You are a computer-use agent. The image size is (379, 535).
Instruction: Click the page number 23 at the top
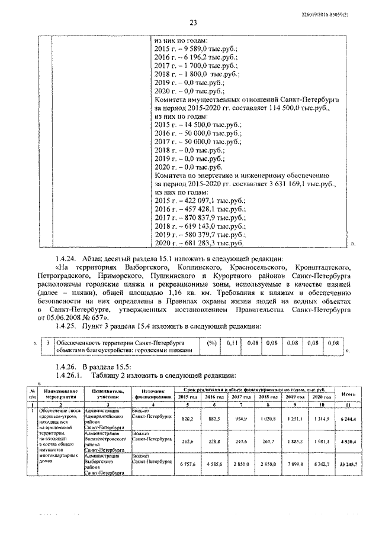[x=192, y=23]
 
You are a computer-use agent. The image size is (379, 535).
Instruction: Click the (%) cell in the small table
[x=211, y=342]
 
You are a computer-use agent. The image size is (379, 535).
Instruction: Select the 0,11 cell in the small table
[x=232, y=342]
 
